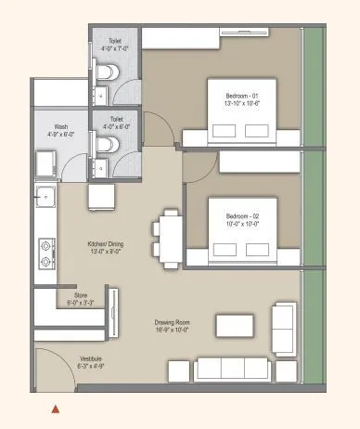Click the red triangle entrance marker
(56, 408)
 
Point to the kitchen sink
(42, 198)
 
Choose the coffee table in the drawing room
(235, 325)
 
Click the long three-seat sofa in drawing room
(233, 370)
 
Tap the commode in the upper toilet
(107, 72)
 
